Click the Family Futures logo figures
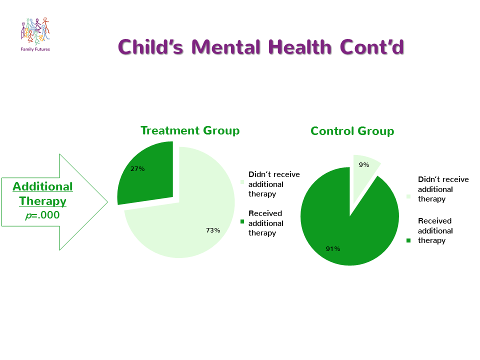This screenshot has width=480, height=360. point(35,30)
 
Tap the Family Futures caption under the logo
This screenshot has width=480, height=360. point(35,49)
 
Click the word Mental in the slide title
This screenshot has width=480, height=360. point(226,47)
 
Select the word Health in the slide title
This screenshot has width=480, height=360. point(300,47)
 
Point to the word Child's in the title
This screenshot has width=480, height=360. point(150,47)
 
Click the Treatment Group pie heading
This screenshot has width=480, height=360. point(190,130)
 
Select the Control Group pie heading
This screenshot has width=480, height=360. point(352,131)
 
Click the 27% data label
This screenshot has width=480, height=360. point(137,168)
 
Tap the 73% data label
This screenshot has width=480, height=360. point(213,230)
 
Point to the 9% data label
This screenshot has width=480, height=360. point(364,164)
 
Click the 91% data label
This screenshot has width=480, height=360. point(333,248)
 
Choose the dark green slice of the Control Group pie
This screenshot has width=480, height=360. point(349,232)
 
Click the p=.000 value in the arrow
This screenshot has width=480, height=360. point(42,215)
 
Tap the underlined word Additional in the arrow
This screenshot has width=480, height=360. point(42,186)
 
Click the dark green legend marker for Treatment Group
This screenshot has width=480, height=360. point(242,221)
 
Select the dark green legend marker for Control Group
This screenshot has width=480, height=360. point(408,240)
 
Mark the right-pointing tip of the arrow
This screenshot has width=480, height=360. point(108,202)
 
